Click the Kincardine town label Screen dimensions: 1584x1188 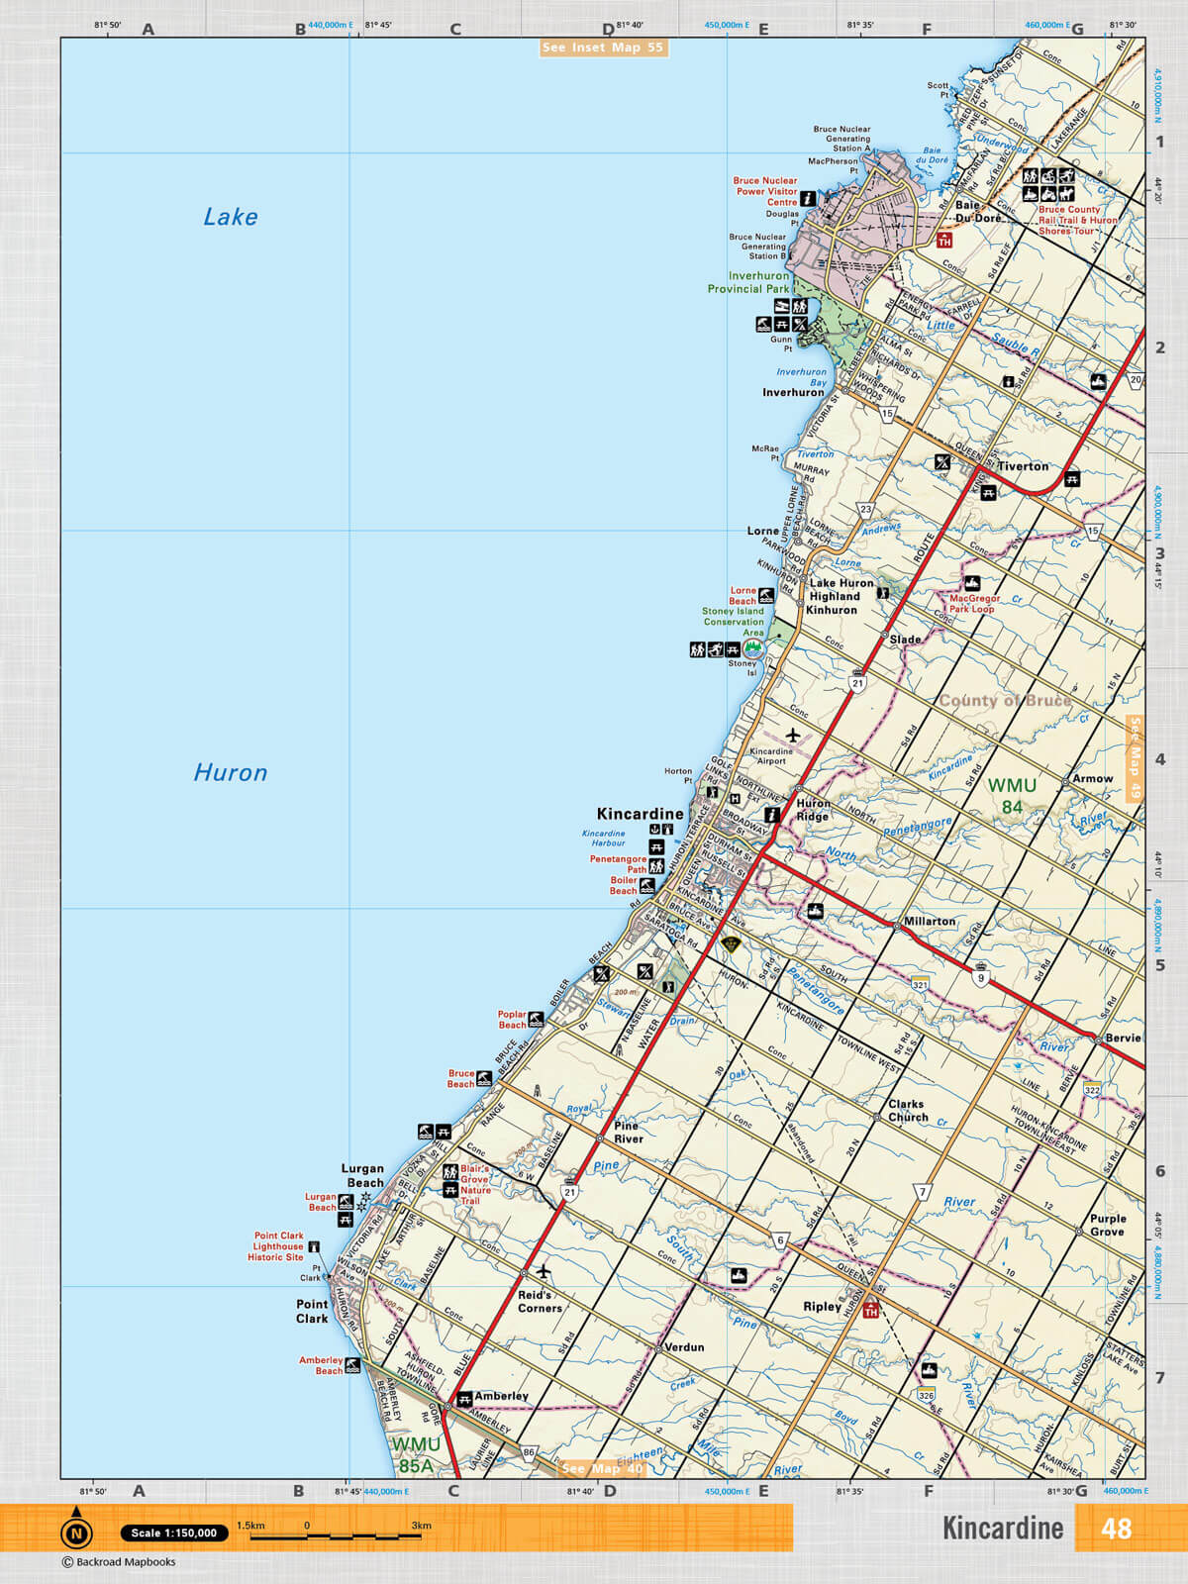pyautogui.click(x=640, y=814)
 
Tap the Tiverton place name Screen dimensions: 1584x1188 pyautogui.click(x=1023, y=466)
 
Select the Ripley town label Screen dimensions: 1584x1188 pyautogui.click(x=822, y=1307)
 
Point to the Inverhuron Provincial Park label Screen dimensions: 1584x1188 pyautogui.click(x=748, y=283)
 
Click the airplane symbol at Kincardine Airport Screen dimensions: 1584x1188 pyautogui.click(x=793, y=735)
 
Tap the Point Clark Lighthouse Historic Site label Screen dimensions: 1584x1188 pyautogui.click(x=278, y=1246)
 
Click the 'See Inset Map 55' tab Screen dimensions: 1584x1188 pyautogui.click(x=603, y=48)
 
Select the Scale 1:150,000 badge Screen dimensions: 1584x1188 pyautogui.click(x=174, y=1533)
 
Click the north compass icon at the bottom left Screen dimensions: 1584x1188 pyautogui.click(x=76, y=1533)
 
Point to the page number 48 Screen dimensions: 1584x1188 pyautogui.click(x=1116, y=1529)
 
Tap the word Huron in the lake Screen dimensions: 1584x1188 pyautogui.click(x=231, y=773)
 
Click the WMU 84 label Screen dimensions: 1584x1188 pyautogui.click(x=1012, y=796)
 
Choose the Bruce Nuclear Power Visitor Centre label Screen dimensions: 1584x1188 pyautogui.click(x=765, y=191)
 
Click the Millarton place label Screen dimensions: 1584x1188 pyautogui.click(x=930, y=921)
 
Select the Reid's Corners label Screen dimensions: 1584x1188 pyautogui.click(x=540, y=1301)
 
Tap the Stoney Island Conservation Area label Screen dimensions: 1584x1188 pyautogui.click(x=734, y=622)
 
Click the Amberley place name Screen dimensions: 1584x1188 pyautogui.click(x=501, y=1396)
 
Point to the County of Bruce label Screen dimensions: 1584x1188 pyautogui.click(x=1004, y=701)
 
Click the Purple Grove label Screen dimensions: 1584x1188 pyautogui.click(x=1108, y=1225)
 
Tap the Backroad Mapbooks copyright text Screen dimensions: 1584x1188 pyautogui.click(x=120, y=1562)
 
